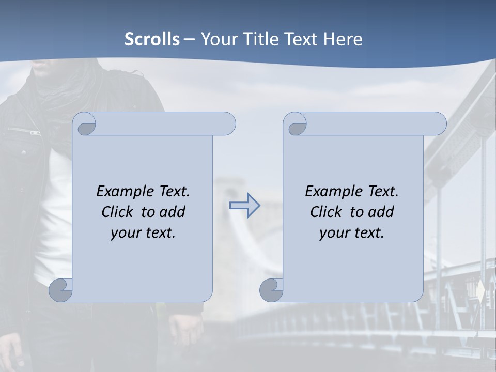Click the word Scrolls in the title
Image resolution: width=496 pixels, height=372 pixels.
click(x=152, y=39)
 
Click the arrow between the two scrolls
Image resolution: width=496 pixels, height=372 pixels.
click(x=244, y=206)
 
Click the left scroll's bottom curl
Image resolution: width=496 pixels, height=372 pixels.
click(x=60, y=290)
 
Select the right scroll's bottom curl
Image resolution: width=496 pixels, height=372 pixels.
click(x=271, y=290)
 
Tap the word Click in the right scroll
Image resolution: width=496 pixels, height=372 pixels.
click(x=326, y=212)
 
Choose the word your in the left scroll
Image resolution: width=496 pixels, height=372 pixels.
click(x=125, y=233)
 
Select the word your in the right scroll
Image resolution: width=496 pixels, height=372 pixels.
click(x=333, y=233)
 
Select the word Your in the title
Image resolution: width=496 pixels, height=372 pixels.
click(x=218, y=39)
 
